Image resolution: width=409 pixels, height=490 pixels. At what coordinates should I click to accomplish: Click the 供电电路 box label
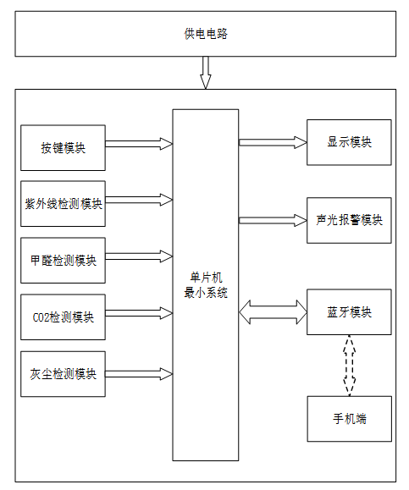click(x=206, y=34)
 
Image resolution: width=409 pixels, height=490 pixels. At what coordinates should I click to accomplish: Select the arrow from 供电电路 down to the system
click(x=206, y=73)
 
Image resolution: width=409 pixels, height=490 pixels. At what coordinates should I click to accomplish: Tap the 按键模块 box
click(x=63, y=148)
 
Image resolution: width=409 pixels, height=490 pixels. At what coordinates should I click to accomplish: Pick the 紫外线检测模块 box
click(x=63, y=204)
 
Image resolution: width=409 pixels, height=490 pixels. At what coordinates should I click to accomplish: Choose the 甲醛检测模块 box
click(x=63, y=261)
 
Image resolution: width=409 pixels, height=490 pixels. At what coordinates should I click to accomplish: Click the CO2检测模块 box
click(x=63, y=317)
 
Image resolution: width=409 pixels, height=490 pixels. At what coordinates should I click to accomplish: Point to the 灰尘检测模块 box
click(x=63, y=374)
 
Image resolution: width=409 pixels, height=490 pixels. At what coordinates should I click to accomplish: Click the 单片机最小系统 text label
click(x=206, y=285)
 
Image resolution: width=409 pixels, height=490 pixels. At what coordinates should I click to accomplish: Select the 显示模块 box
click(x=349, y=142)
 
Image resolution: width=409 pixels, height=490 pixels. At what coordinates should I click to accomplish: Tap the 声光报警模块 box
click(x=349, y=220)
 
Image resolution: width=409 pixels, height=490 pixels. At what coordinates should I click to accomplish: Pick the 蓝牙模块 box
click(x=349, y=312)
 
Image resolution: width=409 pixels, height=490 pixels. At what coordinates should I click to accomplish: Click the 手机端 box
click(x=349, y=419)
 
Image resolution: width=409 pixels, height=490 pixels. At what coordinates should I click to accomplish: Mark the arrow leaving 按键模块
click(x=139, y=144)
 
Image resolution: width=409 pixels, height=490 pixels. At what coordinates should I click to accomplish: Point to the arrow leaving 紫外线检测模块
click(x=139, y=200)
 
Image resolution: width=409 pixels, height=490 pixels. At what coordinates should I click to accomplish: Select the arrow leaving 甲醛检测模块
click(x=139, y=256)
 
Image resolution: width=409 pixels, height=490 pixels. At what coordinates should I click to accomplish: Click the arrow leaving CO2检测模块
click(x=139, y=313)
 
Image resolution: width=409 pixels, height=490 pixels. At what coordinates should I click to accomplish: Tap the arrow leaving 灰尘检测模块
click(x=139, y=374)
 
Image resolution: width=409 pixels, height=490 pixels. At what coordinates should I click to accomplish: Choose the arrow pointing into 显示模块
click(x=273, y=142)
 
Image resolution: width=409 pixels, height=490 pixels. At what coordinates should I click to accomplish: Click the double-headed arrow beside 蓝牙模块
click(x=273, y=312)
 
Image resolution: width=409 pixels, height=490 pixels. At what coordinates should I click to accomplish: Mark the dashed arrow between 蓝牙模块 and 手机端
click(x=349, y=366)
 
